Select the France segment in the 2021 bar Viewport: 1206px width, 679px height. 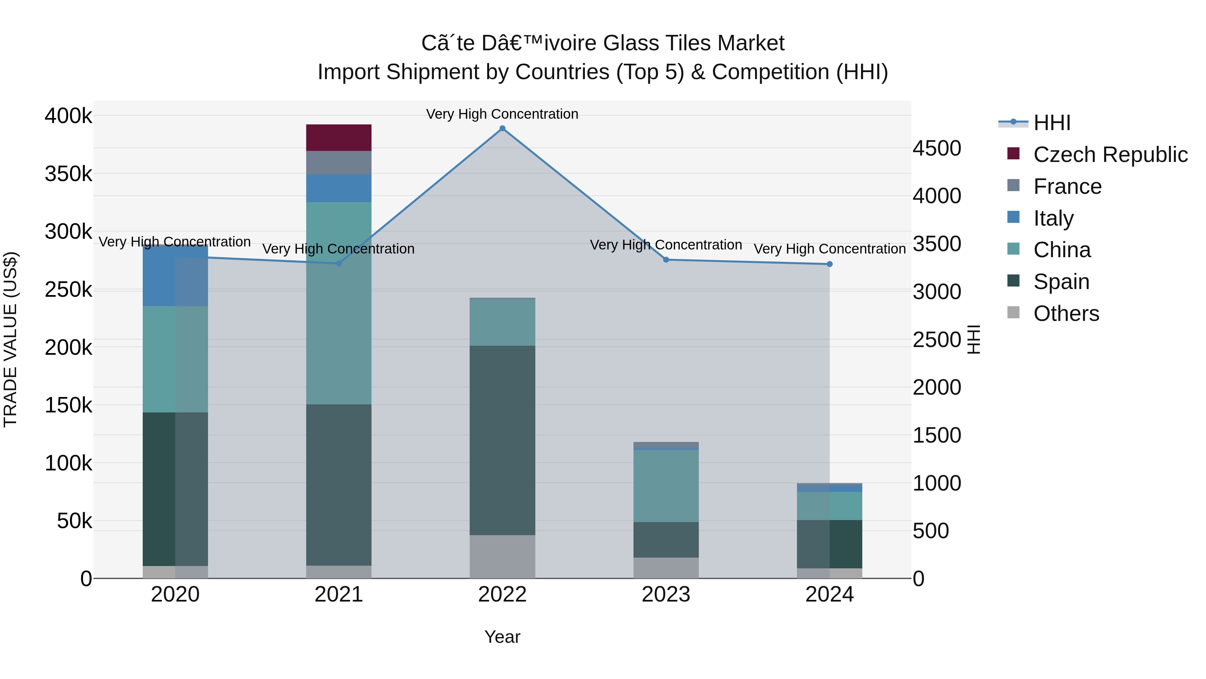click(338, 163)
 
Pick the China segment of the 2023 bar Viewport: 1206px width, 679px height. click(666, 486)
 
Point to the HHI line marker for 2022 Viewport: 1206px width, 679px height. click(503, 128)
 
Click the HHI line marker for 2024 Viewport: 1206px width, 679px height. click(829, 264)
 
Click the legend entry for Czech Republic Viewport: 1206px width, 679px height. click(1110, 155)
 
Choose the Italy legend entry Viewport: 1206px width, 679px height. click(1053, 218)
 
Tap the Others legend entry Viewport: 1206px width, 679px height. click(1066, 314)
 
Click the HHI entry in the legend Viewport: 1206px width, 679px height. click(1052, 123)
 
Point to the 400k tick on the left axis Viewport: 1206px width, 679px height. click(68, 116)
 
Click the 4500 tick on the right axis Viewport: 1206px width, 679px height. click(937, 149)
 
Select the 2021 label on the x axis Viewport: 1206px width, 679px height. click(338, 595)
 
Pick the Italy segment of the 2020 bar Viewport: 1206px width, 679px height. click(175, 276)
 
